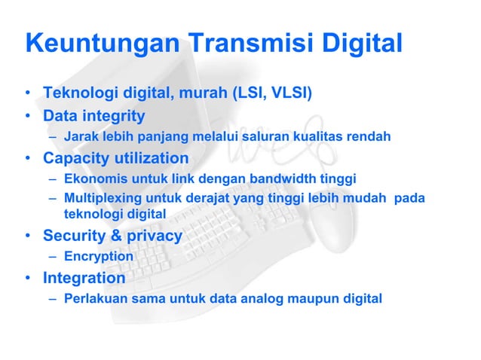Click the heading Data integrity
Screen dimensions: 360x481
(x=93, y=116)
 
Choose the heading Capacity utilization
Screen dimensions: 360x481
(x=115, y=158)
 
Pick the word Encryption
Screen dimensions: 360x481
(x=99, y=256)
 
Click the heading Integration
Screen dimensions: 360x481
(x=84, y=277)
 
